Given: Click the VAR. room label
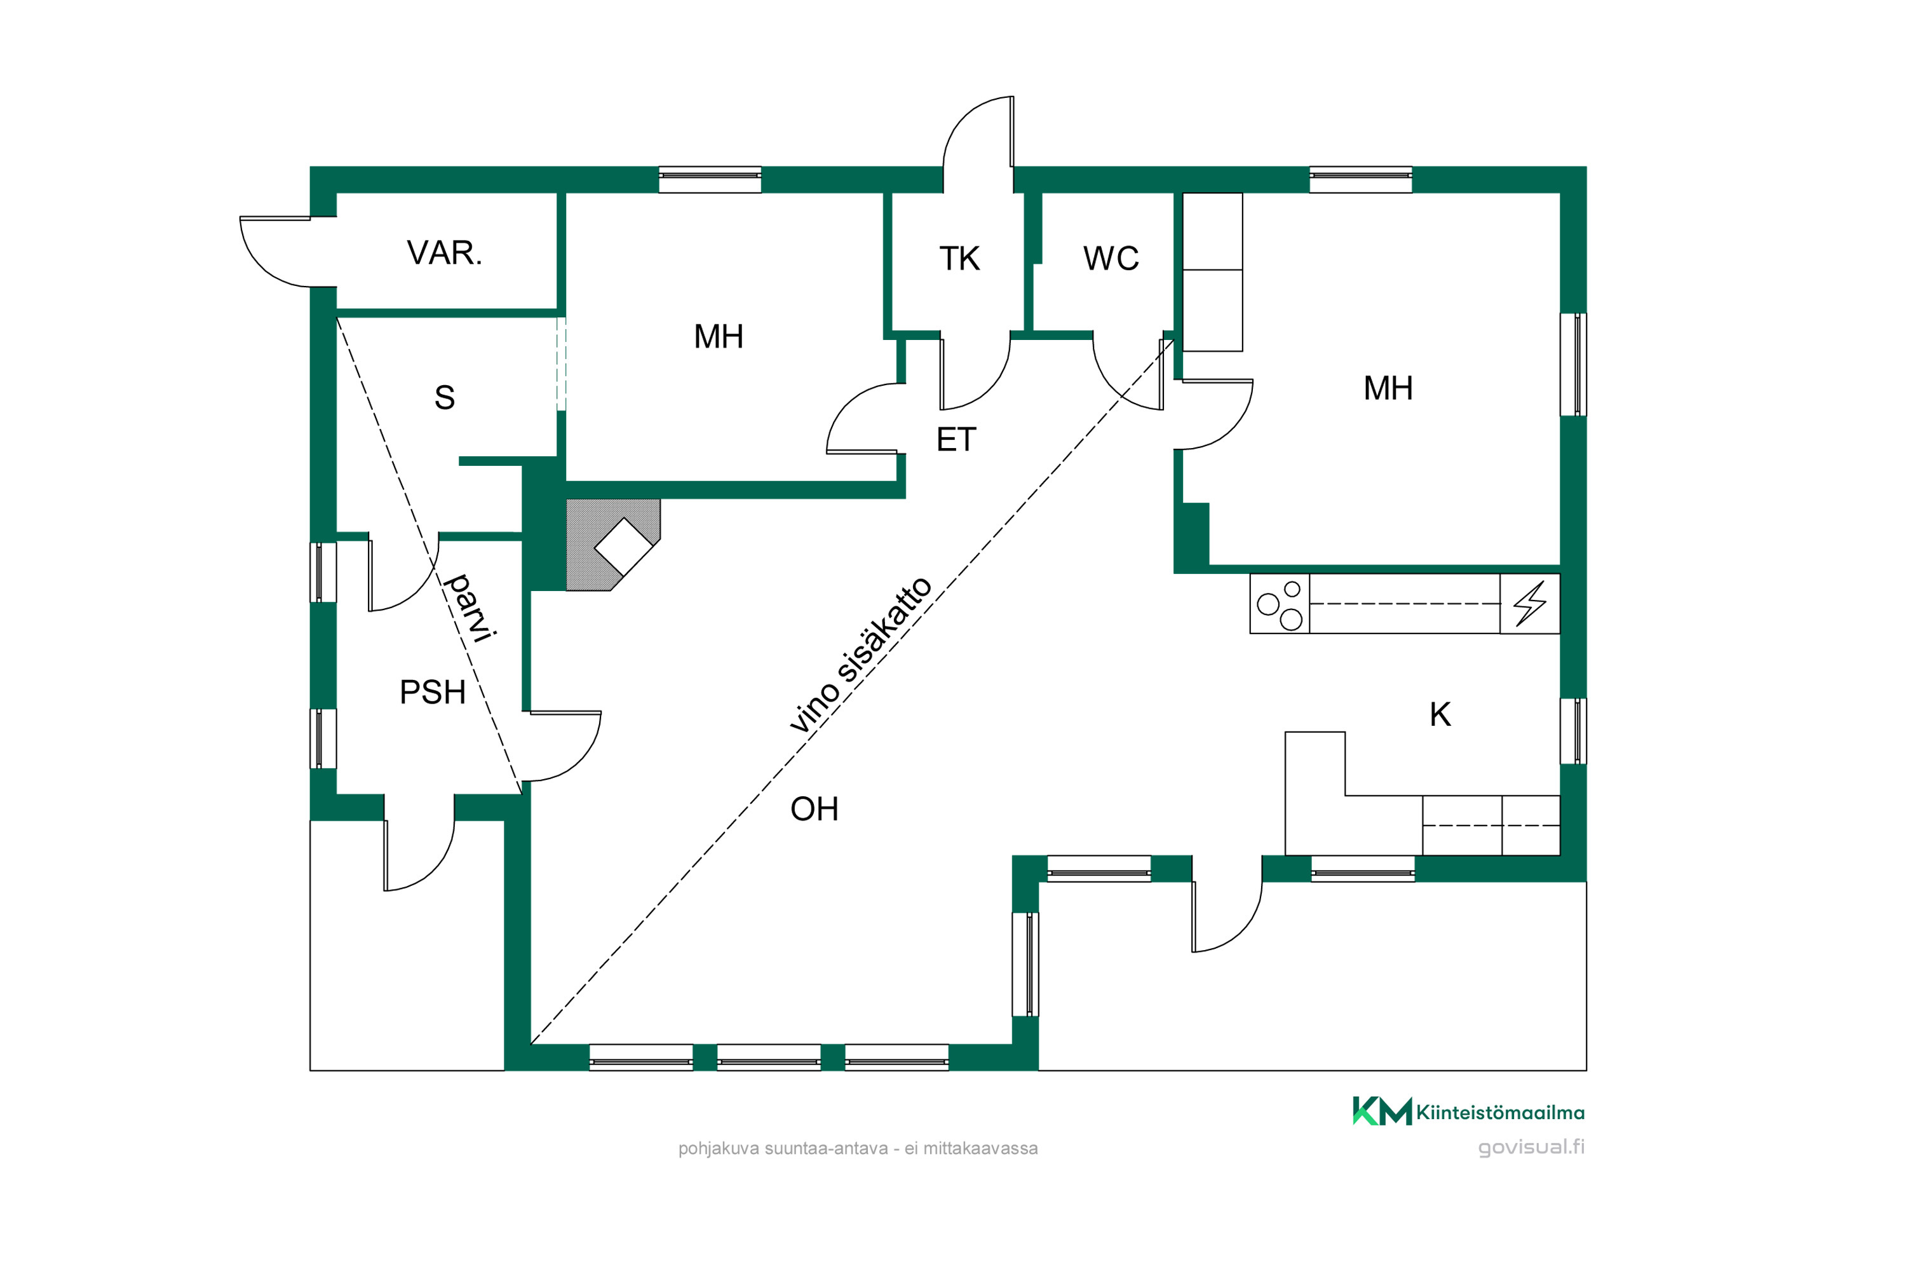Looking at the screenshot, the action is pyautogui.click(x=444, y=253).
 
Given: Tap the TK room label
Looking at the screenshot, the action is pyautogui.click(x=959, y=259).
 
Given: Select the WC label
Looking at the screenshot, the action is pyautogui.click(x=1111, y=259).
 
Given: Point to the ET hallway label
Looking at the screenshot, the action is pyautogui.click(x=956, y=439).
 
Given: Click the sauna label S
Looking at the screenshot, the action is pyautogui.click(x=444, y=397).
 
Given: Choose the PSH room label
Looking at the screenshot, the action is pyautogui.click(x=433, y=692).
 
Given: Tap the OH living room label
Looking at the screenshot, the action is pyautogui.click(x=814, y=809).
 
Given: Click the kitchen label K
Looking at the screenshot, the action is pyautogui.click(x=1440, y=714).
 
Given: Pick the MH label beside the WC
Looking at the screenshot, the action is pyautogui.click(x=1388, y=388).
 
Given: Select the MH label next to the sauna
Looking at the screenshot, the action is pyautogui.click(x=719, y=336).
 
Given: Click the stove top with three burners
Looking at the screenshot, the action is pyautogui.click(x=1280, y=604).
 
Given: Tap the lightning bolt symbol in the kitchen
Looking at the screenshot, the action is pyautogui.click(x=1530, y=604).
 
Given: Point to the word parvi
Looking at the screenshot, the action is pyautogui.click(x=470, y=608).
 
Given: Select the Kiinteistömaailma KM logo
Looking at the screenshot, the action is pyautogui.click(x=1468, y=1111).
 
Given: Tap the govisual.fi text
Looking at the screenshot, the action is pyautogui.click(x=1531, y=1147).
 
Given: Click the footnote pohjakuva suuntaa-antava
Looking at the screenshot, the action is pyautogui.click(x=858, y=1148).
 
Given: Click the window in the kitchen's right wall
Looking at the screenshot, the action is pyautogui.click(x=1574, y=731).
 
